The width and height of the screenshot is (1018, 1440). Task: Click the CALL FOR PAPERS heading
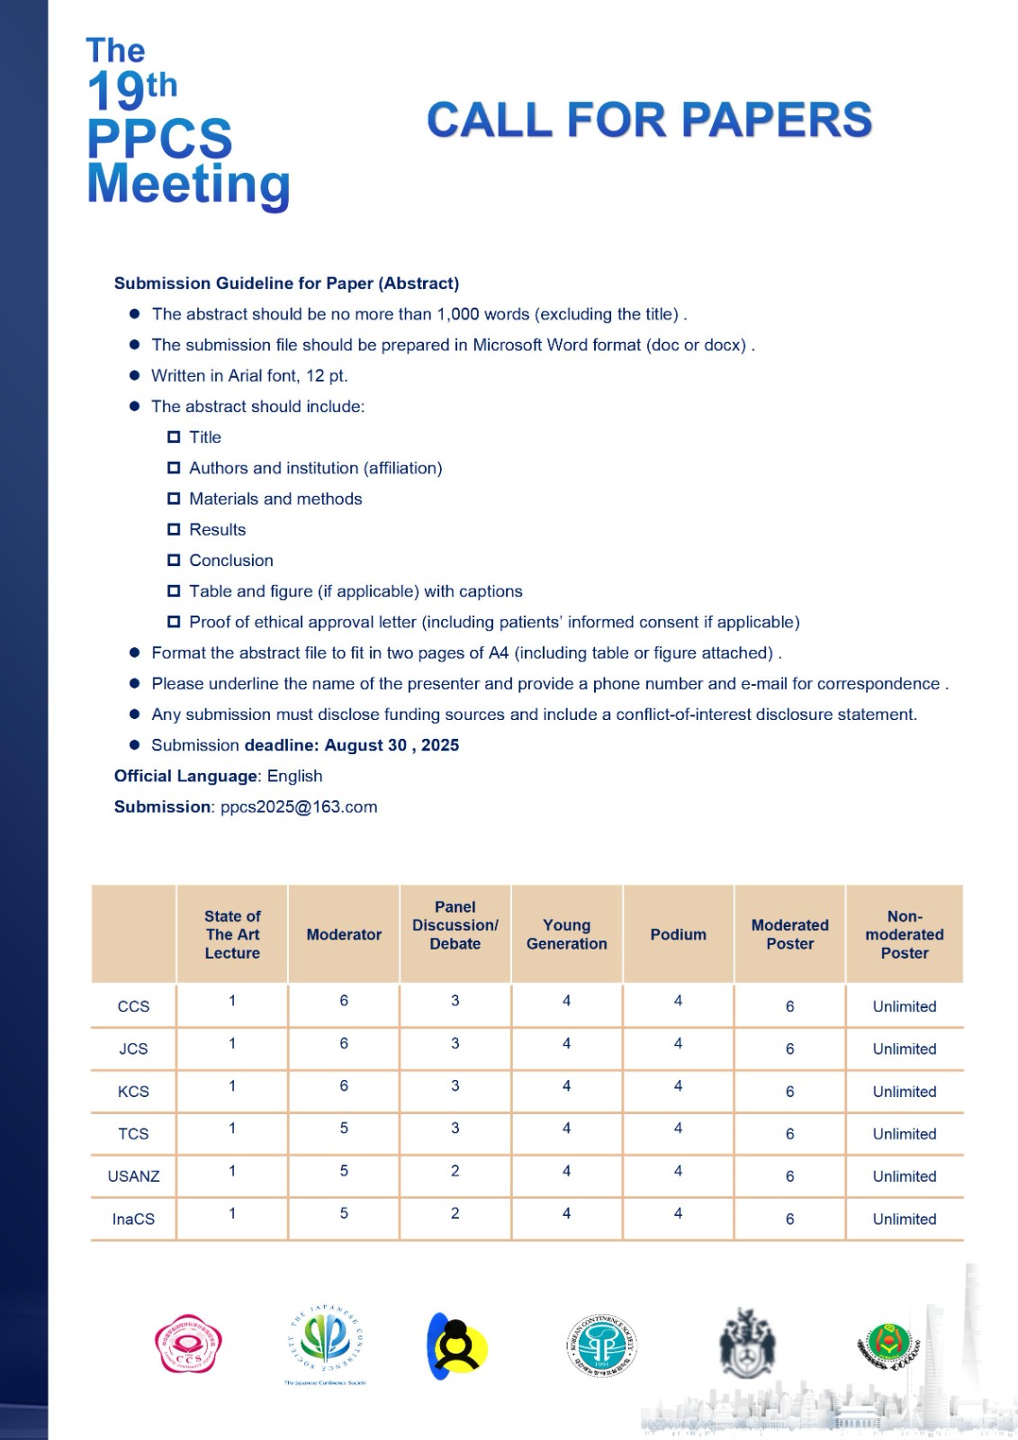pyautogui.click(x=649, y=121)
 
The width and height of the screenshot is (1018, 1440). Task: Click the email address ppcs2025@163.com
pyautogui.click(x=299, y=807)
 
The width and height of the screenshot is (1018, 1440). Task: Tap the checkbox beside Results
pyautogui.click(x=174, y=529)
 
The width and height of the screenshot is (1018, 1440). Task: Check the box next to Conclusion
pyautogui.click(x=174, y=560)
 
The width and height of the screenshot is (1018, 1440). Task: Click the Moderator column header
pyautogui.click(x=344, y=934)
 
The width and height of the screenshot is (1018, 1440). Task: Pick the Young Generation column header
pyautogui.click(x=566, y=934)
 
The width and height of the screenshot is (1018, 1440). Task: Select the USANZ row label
pyautogui.click(x=133, y=1176)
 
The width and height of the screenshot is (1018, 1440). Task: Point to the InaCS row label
pyautogui.click(x=133, y=1219)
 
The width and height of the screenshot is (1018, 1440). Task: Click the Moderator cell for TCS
pyautogui.click(x=344, y=1129)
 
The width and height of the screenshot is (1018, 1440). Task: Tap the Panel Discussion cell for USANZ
pyautogui.click(x=455, y=1171)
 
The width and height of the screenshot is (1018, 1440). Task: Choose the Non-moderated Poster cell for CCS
pyautogui.click(x=904, y=1006)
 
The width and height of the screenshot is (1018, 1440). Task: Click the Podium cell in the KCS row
pyautogui.click(x=678, y=1086)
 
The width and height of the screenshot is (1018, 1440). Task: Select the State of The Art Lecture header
pyautogui.click(x=232, y=934)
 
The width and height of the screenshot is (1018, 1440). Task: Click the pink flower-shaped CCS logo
pyautogui.click(x=187, y=1344)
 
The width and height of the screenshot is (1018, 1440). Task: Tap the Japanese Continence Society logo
pyautogui.click(x=325, y=1344)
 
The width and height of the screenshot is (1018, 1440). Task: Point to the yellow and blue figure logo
pyautogui.click(x=456, y=1345)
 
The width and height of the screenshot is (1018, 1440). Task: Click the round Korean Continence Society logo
pyautogui.click(x=602, y=1345)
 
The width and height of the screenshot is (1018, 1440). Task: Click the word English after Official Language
pyautogui.click(x=294, y=776)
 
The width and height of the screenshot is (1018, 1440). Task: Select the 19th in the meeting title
pyautogui.click(x=132, y=89)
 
